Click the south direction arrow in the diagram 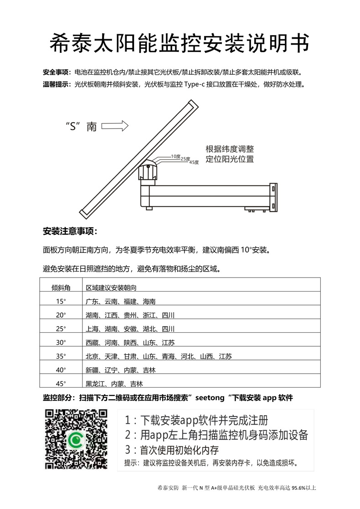[116, 126]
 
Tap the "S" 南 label [81, 127]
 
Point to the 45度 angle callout [194, 162]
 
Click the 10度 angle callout [175, 156]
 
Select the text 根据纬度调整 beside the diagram [230, 149]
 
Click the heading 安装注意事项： [70, 231]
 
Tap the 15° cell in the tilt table [61, 302]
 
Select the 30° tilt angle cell [61, 343]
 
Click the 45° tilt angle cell [61, 383]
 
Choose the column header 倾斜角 [61, 288]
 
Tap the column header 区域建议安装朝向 [112, 288]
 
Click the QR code [76, 439]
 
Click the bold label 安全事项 [57, 72]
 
